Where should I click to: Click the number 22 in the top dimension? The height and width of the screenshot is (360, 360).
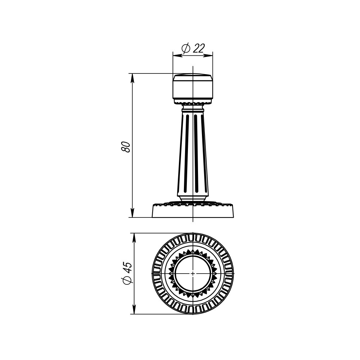[199, 48]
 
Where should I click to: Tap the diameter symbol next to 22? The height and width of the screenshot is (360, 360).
[186, 48]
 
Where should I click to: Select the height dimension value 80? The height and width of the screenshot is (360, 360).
[126, 147]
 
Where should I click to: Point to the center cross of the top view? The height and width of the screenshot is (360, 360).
[193, 274]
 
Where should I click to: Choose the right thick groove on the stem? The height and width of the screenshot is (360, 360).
[196, 153]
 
